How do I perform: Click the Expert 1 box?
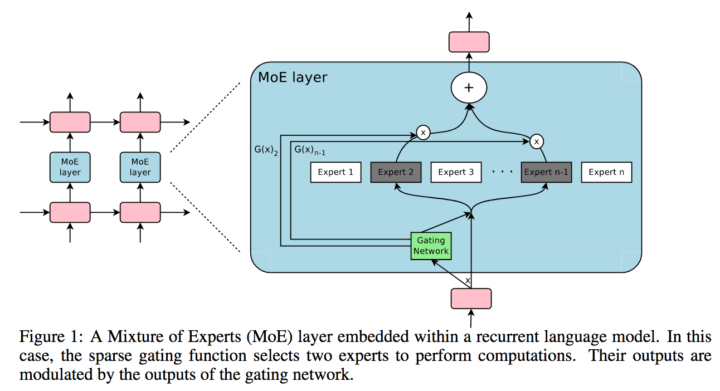[335, 172]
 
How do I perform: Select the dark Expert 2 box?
[396, 172]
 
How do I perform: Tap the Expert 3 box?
[456, 172]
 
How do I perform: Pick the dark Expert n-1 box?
[546, 172]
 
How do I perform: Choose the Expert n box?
[606, 172]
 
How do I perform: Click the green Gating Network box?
[431, 246]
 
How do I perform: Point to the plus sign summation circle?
[469, 87]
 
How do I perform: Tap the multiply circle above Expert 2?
[424, 133]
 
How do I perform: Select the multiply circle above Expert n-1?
[536, 141]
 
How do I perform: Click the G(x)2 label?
[265, 150]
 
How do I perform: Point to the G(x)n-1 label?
[309, 150]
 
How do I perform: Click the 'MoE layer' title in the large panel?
[292, 77]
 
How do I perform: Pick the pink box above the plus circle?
[469, 42]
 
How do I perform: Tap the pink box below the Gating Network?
[471, 299]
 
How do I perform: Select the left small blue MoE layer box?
[70, 167]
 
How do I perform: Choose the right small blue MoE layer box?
[140, 167]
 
